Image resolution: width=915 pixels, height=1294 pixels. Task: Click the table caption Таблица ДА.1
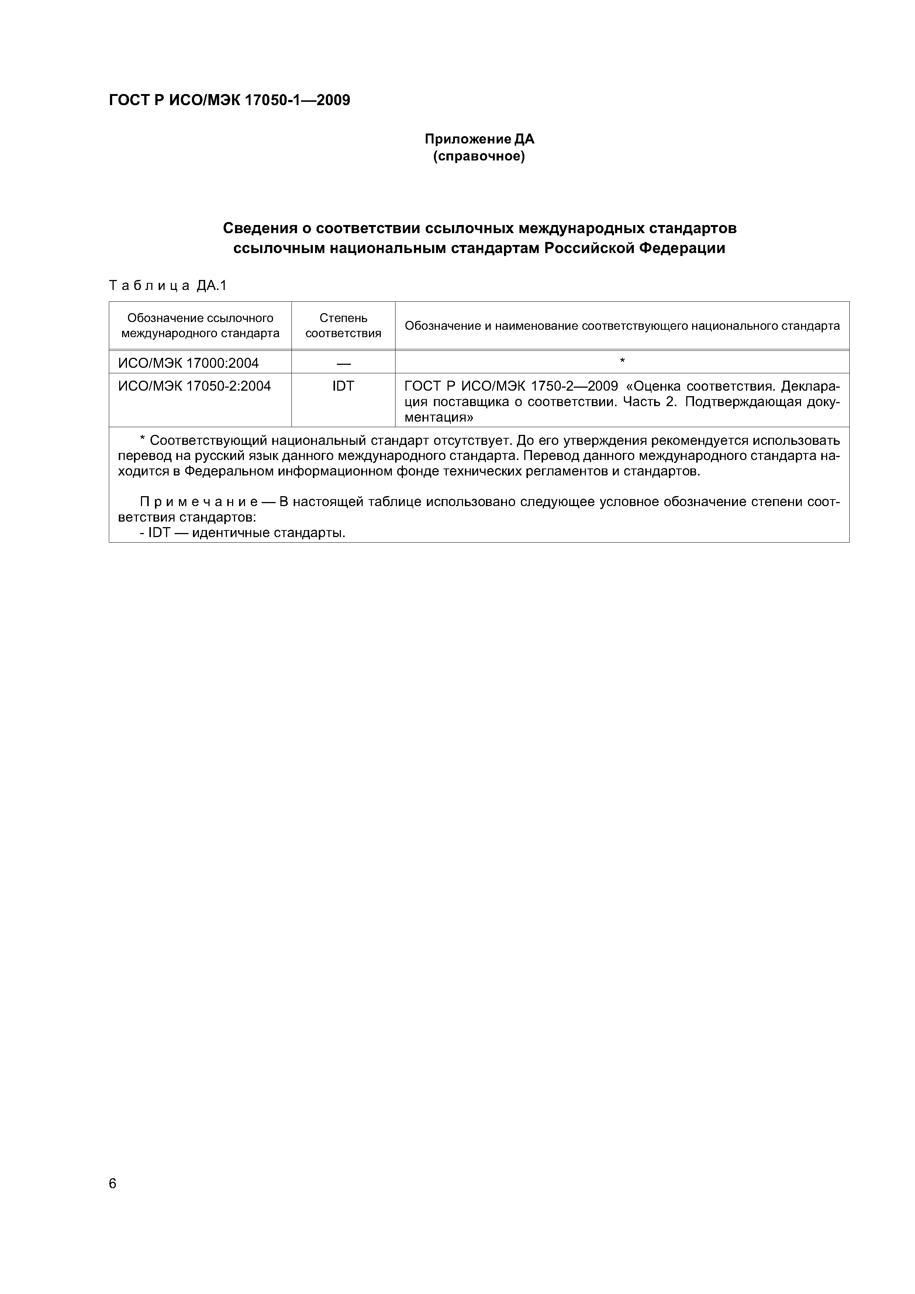168,286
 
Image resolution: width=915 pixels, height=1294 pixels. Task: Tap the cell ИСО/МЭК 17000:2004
188,363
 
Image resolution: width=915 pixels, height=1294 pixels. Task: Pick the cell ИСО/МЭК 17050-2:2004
194,386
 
